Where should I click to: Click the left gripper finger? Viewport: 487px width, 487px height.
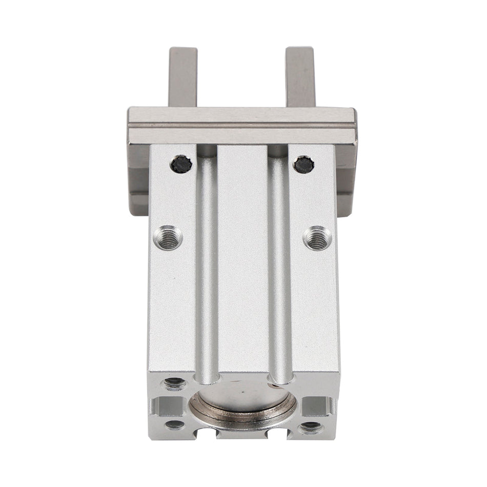[x=182, y=77]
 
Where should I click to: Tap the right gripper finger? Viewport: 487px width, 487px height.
[x=300, y=77]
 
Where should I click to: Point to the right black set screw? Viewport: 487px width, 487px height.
[x=304, y=164]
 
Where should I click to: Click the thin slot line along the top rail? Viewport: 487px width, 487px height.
[x=241, y=126]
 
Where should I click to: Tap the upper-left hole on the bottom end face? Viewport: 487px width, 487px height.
[x=174, y=382]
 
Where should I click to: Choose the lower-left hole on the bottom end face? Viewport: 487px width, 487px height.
[x=174, y=424]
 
